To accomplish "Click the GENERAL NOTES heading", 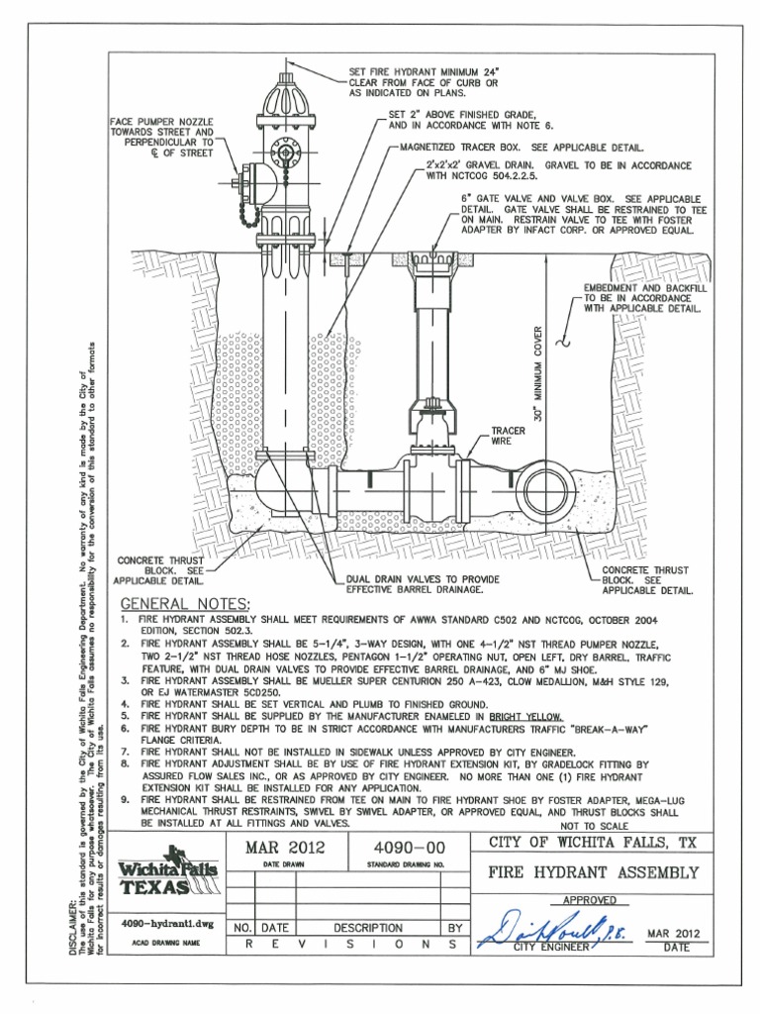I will tap(185, 605).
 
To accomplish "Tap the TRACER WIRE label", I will tap(507, 437).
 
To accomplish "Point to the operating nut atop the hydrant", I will tap(286, 71).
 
